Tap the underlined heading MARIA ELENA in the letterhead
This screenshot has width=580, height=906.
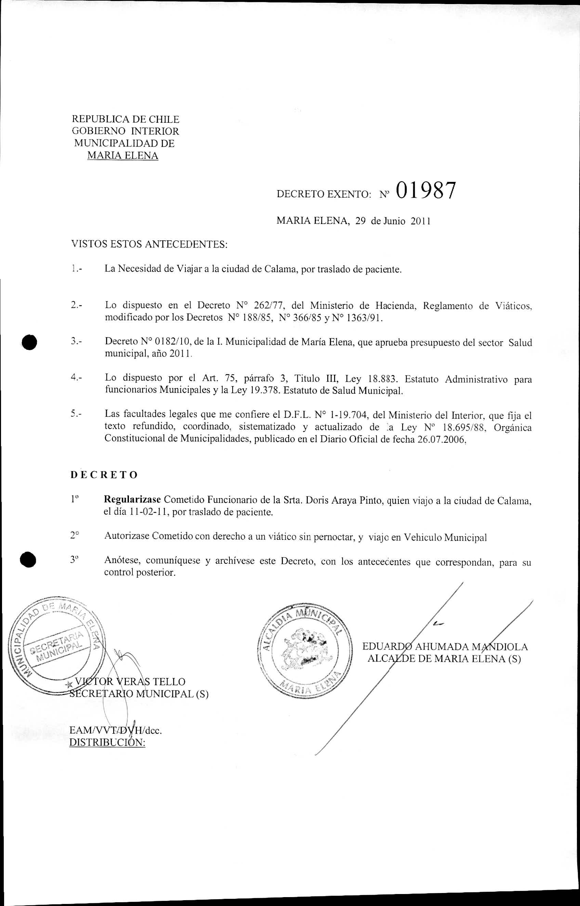click(122, 156)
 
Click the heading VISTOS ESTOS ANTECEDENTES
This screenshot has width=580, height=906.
click(149, 244)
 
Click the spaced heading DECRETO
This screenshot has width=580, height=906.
click(104, 475)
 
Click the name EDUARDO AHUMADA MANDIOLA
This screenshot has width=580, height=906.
click(445, 647)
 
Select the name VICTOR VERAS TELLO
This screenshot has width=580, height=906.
click(130, 682)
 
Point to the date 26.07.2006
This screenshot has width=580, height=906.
click(441, 440)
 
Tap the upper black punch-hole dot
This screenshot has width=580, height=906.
click(30, 343)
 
